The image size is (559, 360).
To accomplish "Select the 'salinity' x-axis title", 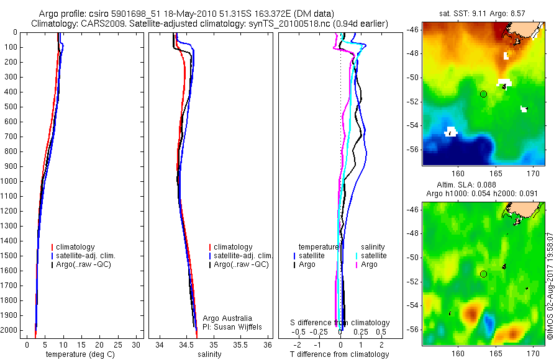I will coord(209,354).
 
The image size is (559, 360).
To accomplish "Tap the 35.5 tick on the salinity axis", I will coord(240,344).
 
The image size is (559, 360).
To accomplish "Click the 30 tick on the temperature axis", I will coord(136,344).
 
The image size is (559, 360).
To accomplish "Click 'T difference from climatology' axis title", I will coord(339,354).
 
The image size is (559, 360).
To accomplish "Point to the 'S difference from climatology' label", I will coord(340,323).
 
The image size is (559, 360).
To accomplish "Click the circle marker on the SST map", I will coord(483,94).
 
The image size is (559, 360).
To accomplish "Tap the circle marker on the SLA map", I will coord(483,274).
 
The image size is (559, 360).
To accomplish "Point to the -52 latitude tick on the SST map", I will coord(414,101).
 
